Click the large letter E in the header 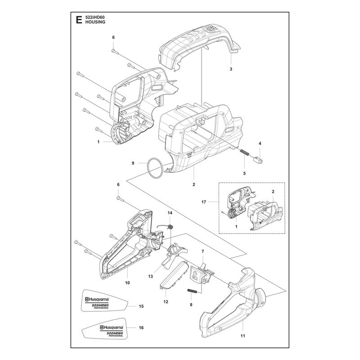(x=79, y=20)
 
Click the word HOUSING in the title (x=95, y=22)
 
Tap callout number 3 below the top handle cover (x=231, y=69)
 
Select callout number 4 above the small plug (x=260, y=144)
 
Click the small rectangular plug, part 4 (x=257, y=160)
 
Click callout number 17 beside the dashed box (x=204, y=202)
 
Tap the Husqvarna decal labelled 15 (x=104, y=300)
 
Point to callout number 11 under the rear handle (x=243, y=336)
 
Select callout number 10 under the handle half (x=127, y=283)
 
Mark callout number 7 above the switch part (x=203, y=252)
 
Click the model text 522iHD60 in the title (x=95, y=18)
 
